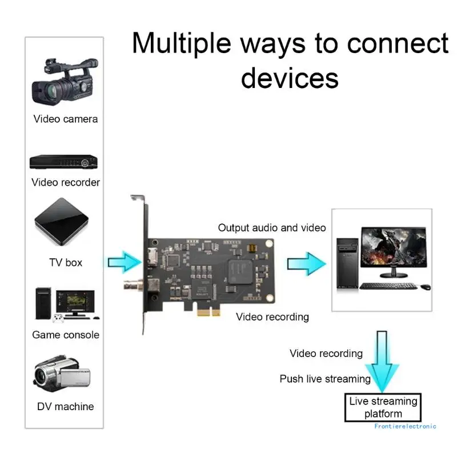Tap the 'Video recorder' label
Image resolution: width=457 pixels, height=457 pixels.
[66, 182]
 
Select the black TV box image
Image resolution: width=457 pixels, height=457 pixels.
[63, 222]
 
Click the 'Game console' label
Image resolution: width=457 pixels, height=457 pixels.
[66, 335]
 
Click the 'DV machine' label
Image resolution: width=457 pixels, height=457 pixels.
[66, 407]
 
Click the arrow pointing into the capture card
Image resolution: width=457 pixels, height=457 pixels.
[124, 262]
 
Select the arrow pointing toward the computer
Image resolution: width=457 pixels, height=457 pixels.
[306, 263]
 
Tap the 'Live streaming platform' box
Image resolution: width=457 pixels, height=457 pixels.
[383, 407]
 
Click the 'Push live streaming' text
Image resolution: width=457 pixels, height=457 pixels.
[325, 379]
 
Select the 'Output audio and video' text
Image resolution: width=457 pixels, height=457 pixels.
[272, 228]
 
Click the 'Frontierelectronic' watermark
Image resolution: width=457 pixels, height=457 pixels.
[406, 426]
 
